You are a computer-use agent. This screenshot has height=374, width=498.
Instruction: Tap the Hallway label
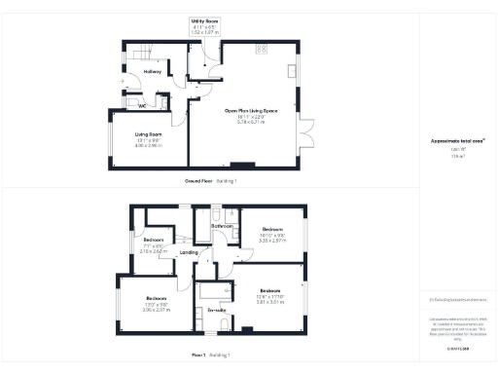[153, 72]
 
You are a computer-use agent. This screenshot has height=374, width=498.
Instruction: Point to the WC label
[141, 105]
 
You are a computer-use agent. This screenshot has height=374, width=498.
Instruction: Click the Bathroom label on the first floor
[223, 226]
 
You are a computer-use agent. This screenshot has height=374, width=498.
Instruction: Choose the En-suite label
[216, 310]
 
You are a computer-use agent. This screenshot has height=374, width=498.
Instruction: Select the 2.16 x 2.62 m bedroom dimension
[153, 251]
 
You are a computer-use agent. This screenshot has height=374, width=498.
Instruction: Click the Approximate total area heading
[457, 140]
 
